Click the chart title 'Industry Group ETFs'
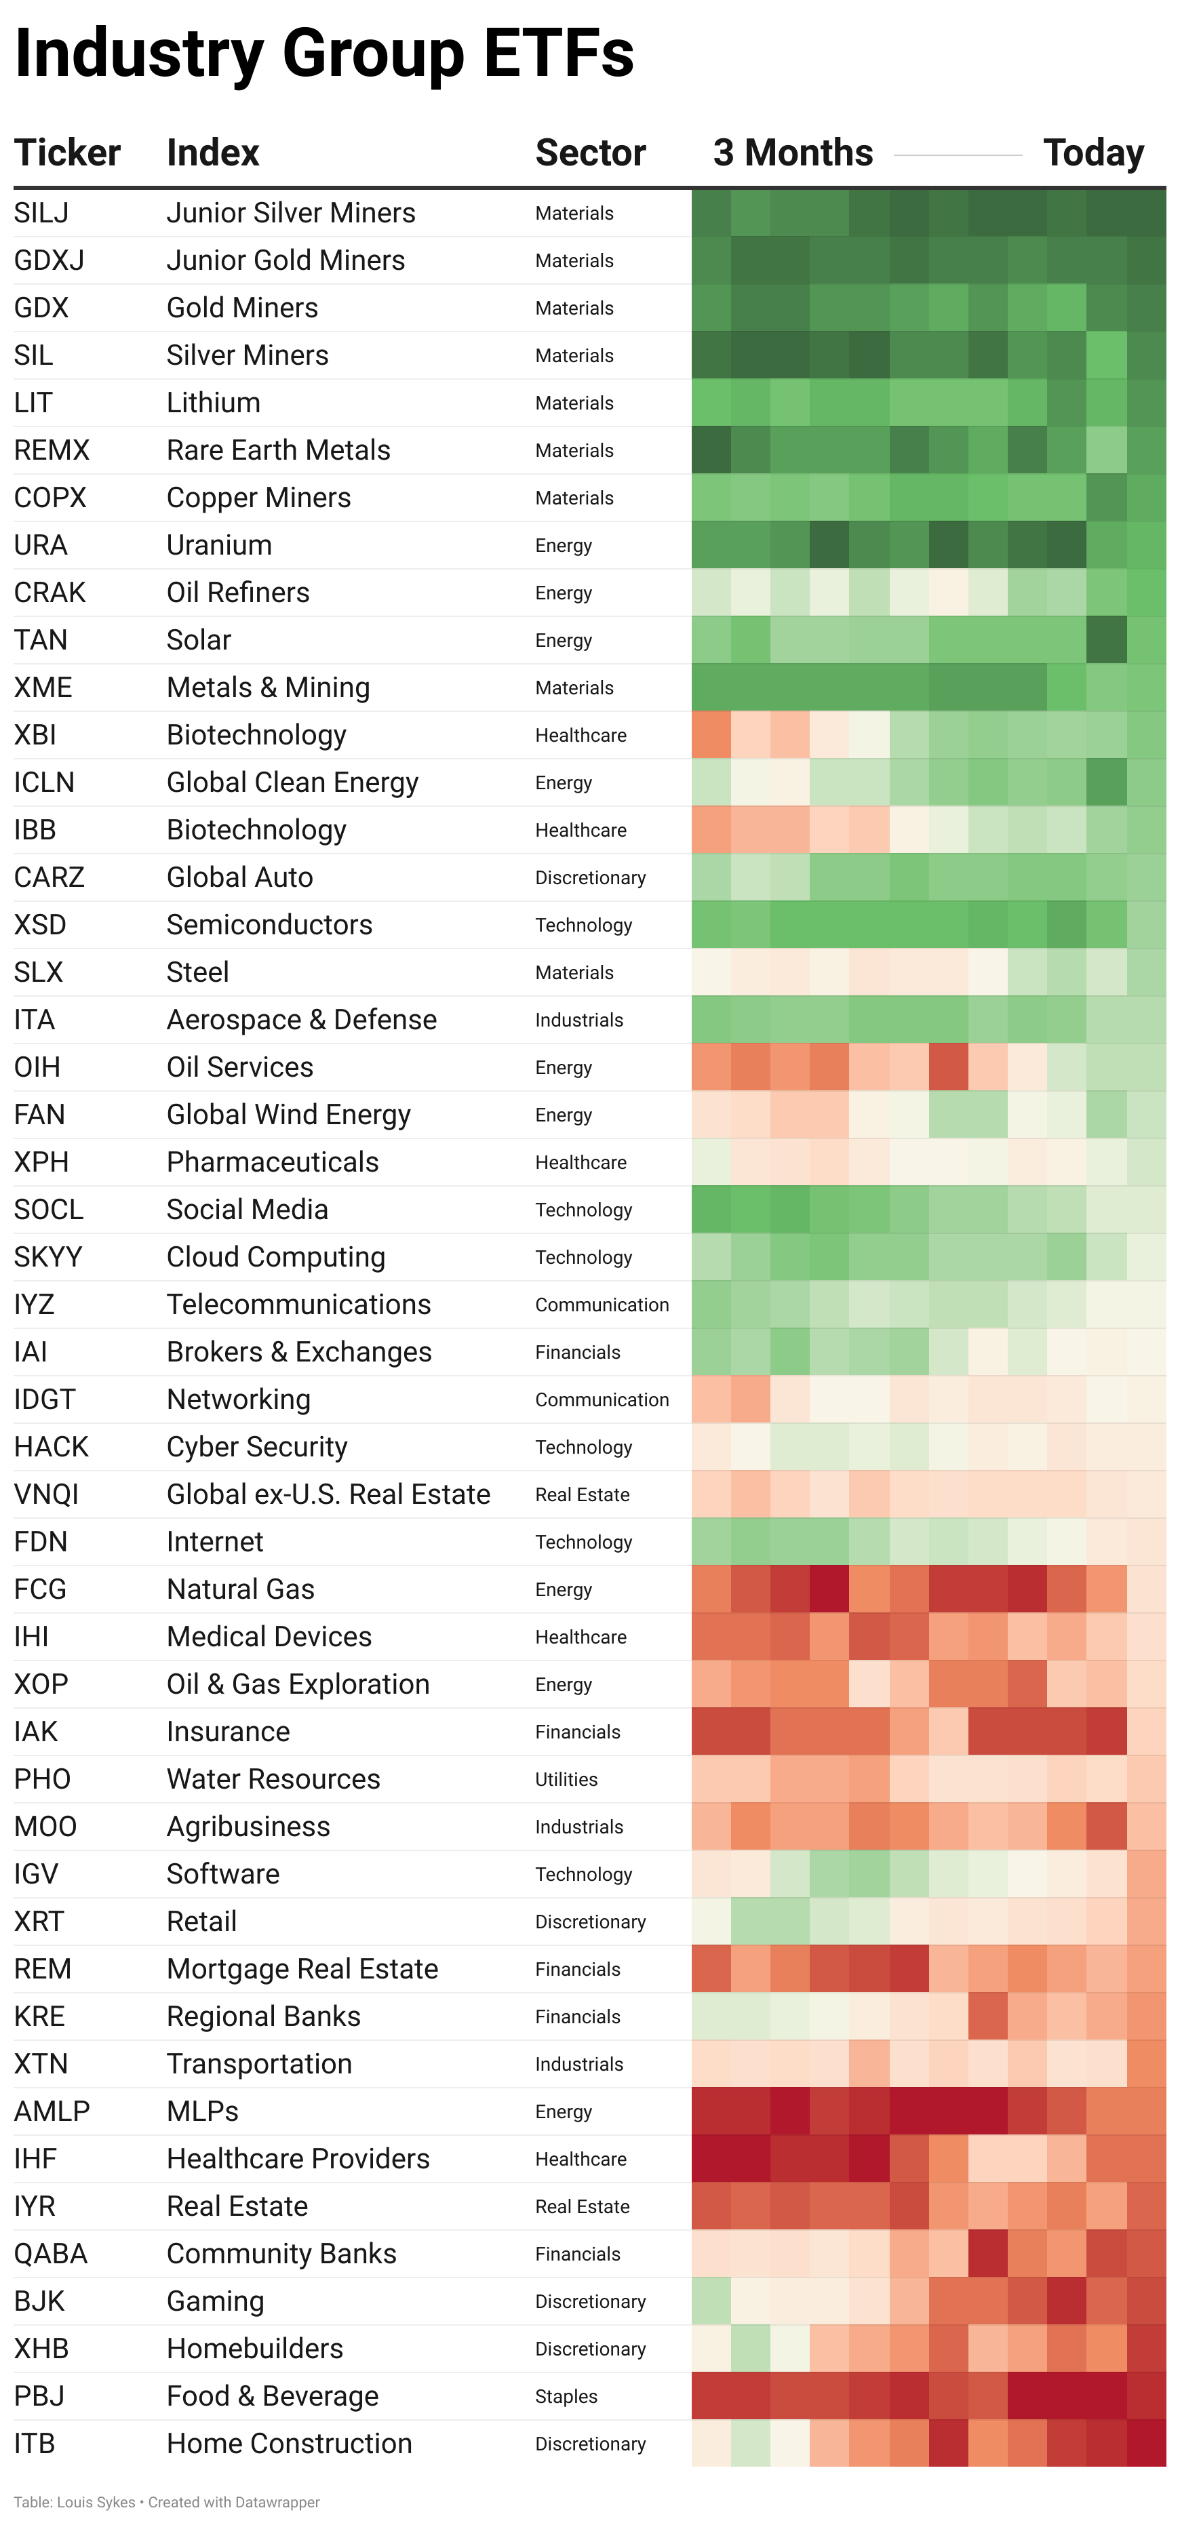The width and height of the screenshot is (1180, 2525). pos(324,54)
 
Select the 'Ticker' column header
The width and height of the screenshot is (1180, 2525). pos(66,153)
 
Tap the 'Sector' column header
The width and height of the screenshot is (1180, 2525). pos(590,153)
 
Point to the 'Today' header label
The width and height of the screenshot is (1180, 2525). pos(1093,153)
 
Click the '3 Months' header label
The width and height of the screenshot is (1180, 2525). pos(793,153)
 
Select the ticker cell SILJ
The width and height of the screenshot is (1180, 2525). pos(41,213)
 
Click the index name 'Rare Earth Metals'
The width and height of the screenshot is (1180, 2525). pos(278,450)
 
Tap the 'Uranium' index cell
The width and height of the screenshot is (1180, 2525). pos(220,545)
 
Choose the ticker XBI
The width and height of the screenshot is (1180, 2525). pos(35,735)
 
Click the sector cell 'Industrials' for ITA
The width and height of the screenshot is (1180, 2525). pos(579,1020)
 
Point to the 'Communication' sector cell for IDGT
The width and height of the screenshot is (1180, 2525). pos(602,1399)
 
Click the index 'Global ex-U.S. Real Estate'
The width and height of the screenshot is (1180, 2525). pos(328,1495)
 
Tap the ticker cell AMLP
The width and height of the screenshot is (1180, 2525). pos(52,2111)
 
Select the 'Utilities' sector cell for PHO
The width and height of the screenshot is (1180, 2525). pos(566,1779)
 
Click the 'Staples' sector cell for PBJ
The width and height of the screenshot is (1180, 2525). pos(566,2397)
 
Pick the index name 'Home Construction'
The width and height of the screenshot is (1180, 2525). pos(289,2444)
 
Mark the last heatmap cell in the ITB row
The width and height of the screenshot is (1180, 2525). pos(1145,2444)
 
